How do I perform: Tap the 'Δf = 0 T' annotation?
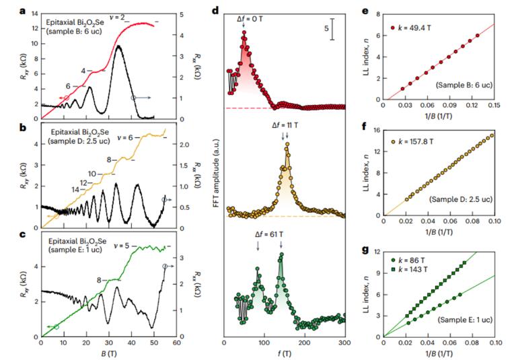[250, 20]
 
